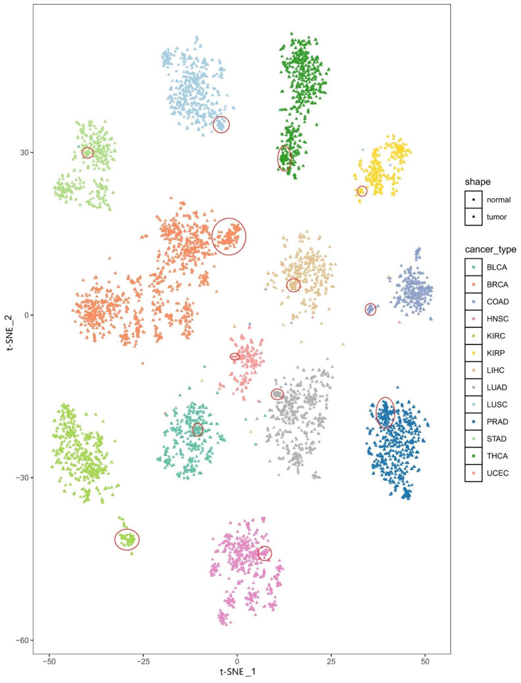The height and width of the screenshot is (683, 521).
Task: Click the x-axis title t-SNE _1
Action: (238, 673)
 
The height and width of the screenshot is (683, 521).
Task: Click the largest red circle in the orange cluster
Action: (229, 236)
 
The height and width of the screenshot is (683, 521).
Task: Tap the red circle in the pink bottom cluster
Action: (264, 553)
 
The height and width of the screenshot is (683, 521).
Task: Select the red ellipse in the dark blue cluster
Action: (385, 413)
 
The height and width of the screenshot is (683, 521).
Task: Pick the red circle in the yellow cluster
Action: (362, 191)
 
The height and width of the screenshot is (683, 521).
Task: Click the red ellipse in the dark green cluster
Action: (284, 158)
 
